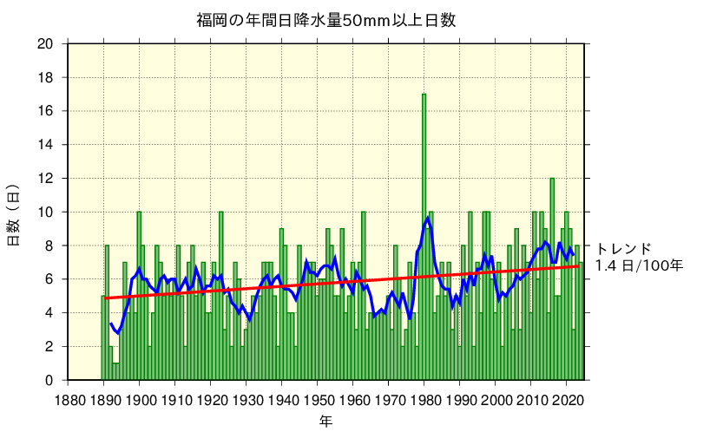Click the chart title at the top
point(325,20)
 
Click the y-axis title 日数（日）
point(14,214)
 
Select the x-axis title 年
point(325,421)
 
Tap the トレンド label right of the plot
point(623,248)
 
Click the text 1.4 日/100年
point(638,265)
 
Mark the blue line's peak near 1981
point(427,217)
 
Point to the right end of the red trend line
point(579,265)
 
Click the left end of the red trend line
point(106,298)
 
